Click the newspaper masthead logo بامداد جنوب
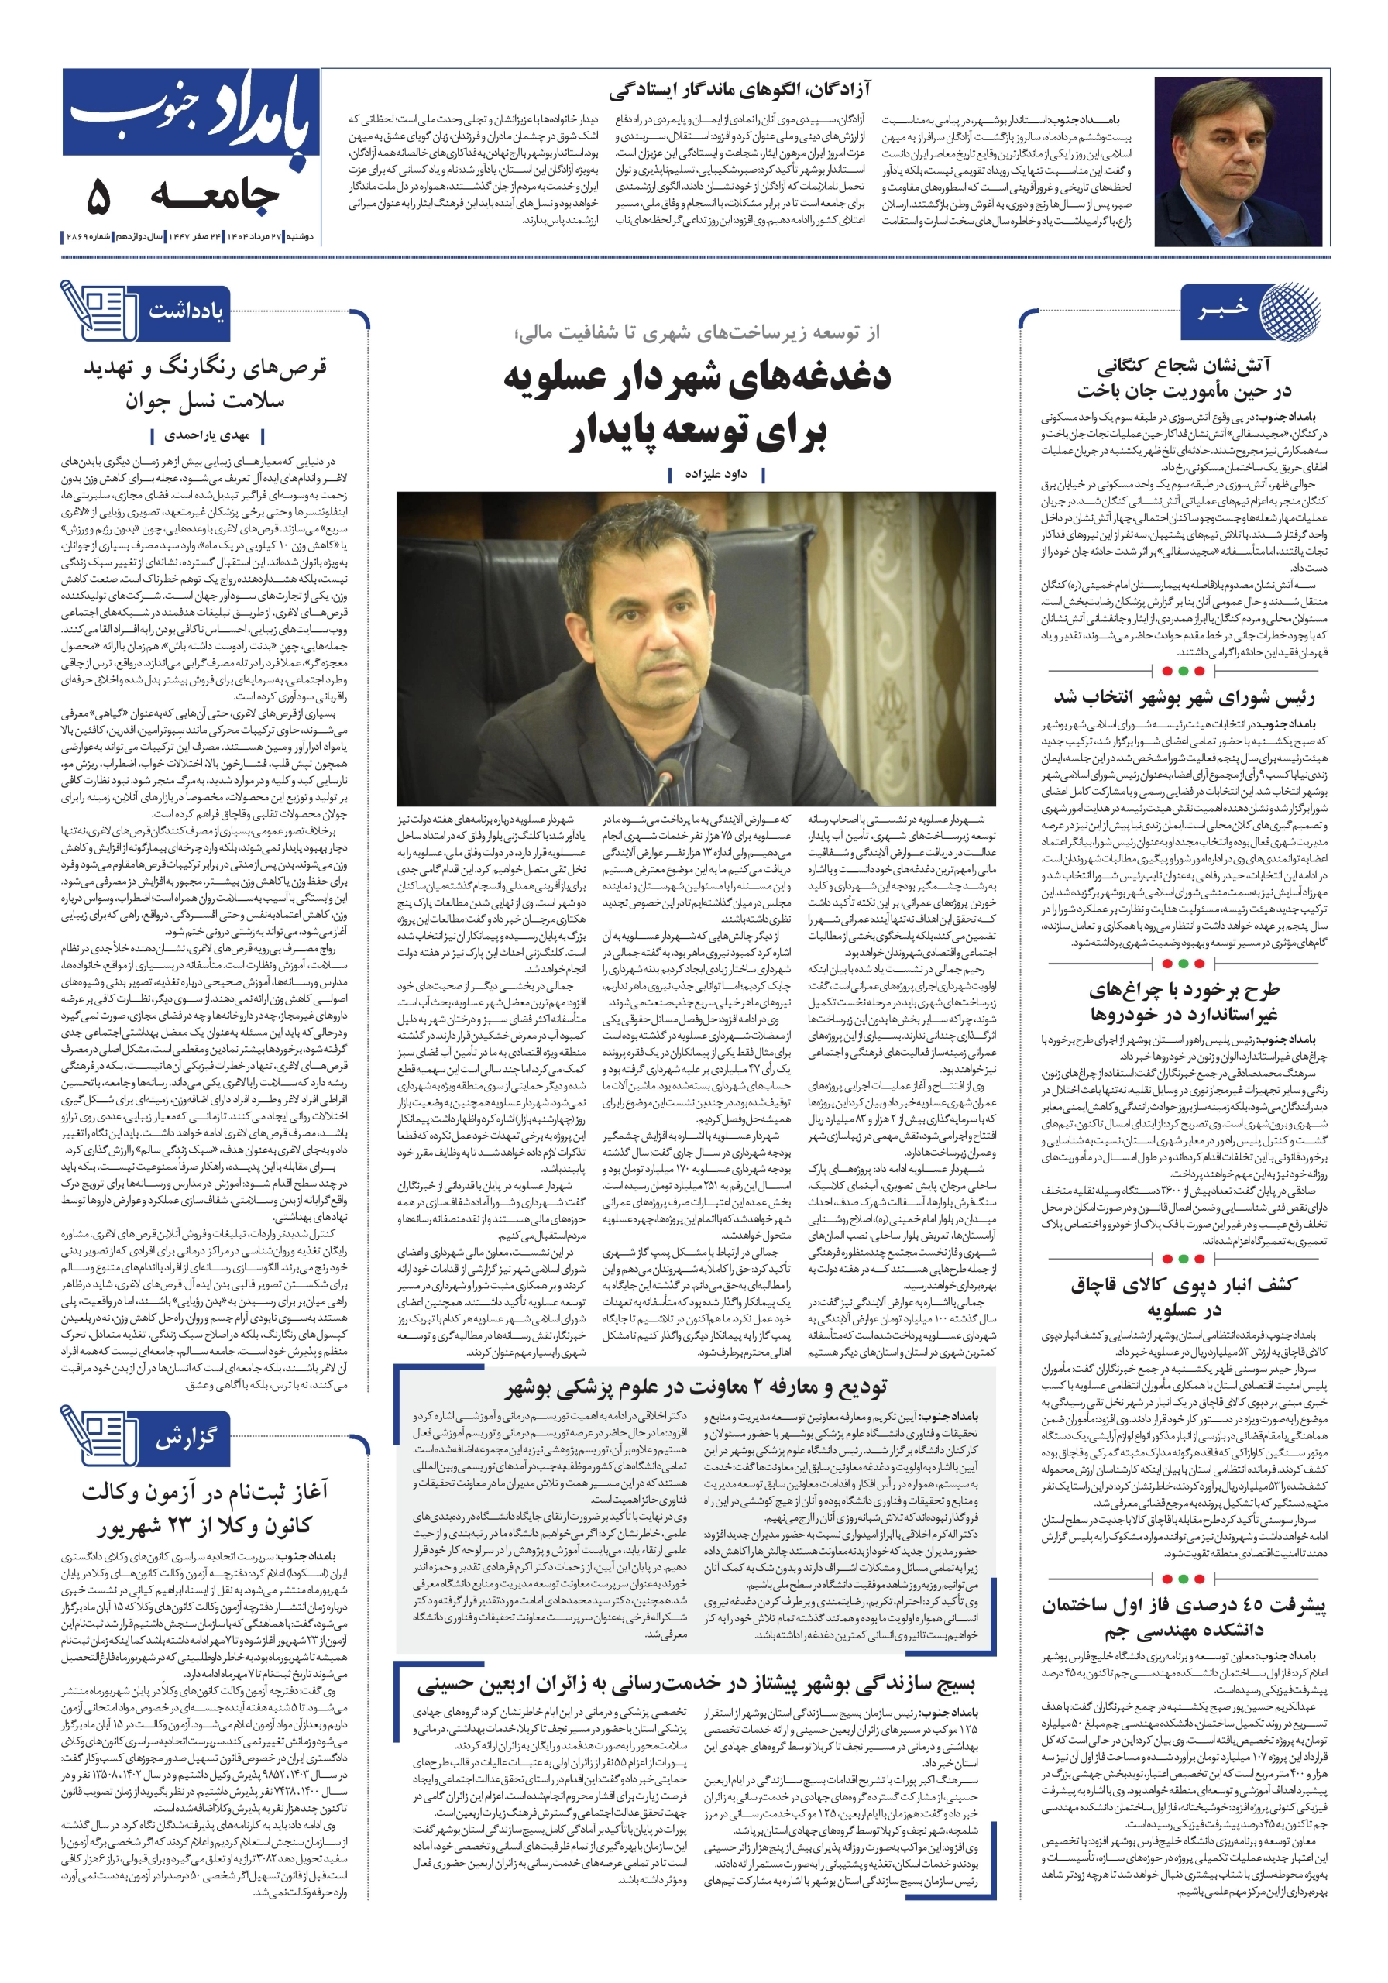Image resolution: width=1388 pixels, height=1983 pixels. pos(190,117)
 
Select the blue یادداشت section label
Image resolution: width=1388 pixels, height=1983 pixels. pos(186,311)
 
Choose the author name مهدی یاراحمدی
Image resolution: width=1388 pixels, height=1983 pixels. pos(208,435)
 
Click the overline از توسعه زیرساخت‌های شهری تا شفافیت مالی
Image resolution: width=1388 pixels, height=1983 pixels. pos(696,332)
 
